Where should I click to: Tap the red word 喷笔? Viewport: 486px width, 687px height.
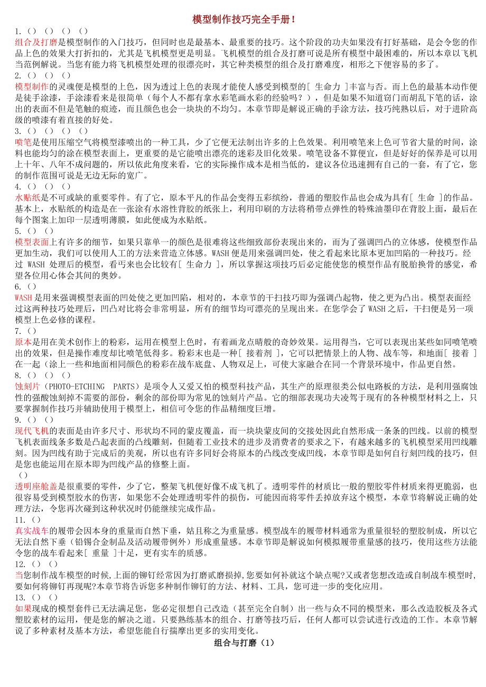24,142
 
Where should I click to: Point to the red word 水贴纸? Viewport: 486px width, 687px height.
28,197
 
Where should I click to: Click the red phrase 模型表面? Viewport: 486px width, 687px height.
32,242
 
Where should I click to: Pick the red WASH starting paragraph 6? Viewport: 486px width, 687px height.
24,298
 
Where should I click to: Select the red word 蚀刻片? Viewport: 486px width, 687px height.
28,386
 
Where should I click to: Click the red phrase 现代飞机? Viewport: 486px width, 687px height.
32,431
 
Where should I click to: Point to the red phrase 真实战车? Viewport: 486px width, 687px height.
32,531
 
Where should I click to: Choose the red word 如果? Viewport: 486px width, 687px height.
24,608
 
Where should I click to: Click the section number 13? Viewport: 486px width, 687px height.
20,597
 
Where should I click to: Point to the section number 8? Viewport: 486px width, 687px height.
18,375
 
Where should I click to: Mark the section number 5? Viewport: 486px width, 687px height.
18,231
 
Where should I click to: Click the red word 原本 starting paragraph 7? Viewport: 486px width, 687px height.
24,342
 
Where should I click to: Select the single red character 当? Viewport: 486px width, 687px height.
19,575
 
